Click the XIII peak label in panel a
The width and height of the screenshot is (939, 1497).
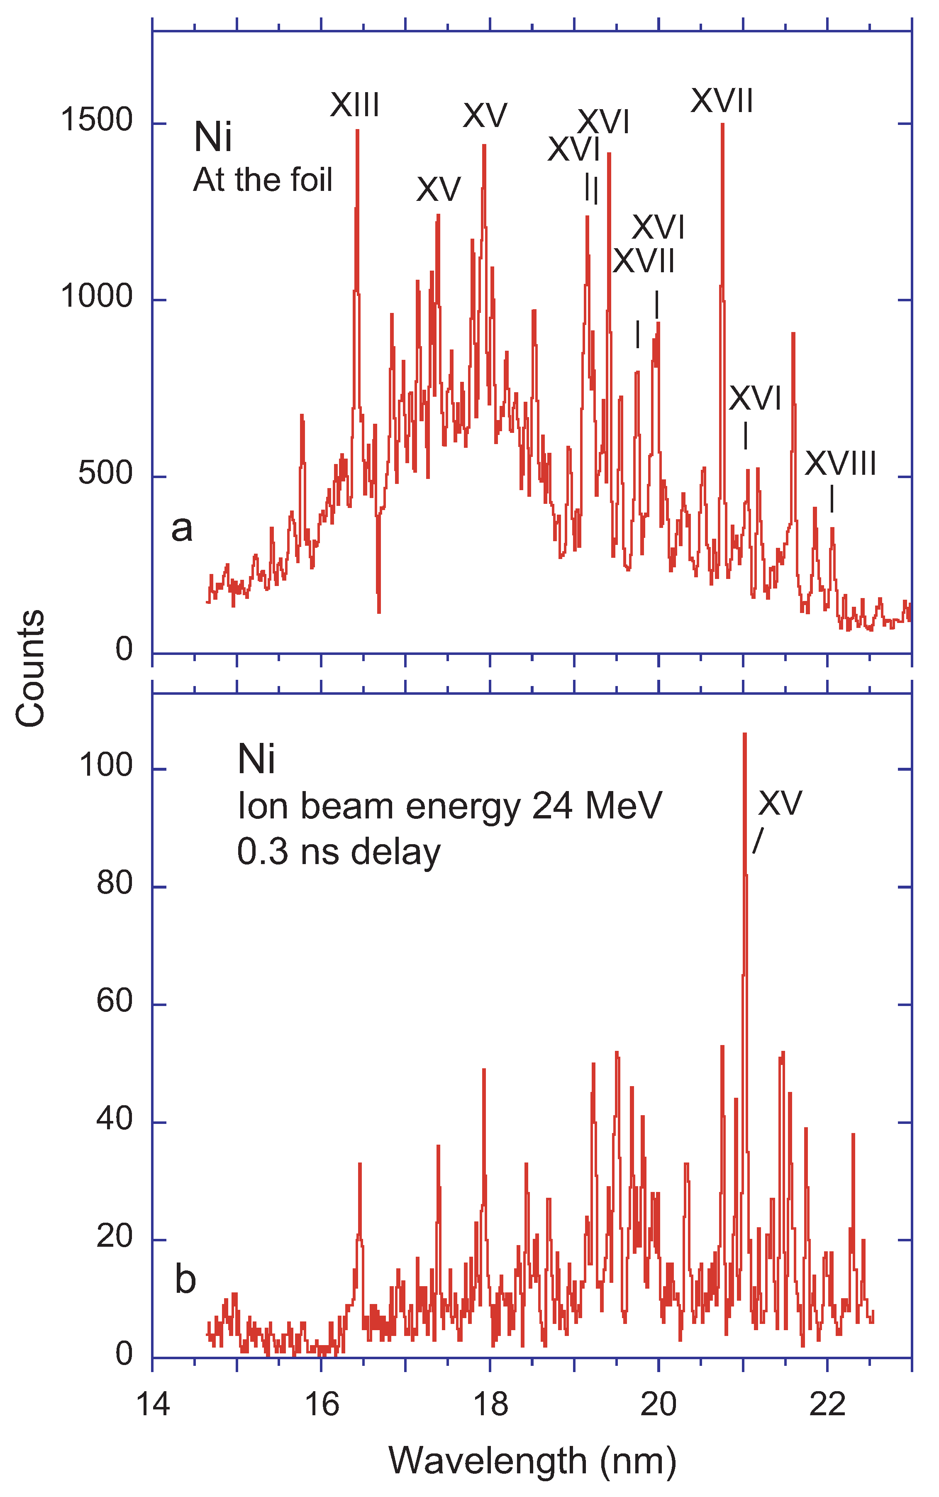coord(355,105)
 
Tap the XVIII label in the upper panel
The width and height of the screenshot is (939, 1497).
coord(840,464)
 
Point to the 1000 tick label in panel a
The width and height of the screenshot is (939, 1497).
coord(96,296)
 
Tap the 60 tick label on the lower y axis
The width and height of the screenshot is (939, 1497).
coord(115,1001)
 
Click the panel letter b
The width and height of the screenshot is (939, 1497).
coord(185,1280)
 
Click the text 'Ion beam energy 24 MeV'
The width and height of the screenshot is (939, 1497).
coord(450,807)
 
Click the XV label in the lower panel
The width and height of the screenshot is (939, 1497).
coord(780,803)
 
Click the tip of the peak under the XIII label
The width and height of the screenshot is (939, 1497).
coord(357,130)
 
